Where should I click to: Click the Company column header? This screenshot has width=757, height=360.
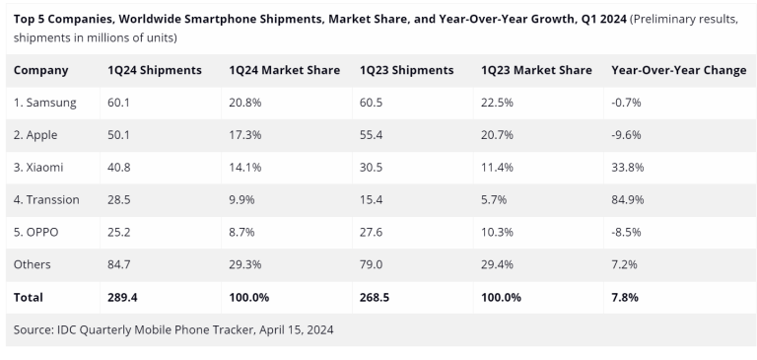pyautogui.click(x=41, y=70)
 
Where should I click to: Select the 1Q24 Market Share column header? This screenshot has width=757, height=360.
pyautogui.click(x=284, y=70)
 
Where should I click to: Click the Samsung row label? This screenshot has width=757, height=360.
pyautogui.click(x=45, y=103)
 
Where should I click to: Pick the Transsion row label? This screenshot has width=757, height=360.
pyautogui.click(x=47, y=200)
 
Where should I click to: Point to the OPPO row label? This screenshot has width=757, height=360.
pyautogui.click(x=39, y=232)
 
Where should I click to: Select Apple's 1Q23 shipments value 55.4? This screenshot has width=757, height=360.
pyautogui.click(x=373, y=135)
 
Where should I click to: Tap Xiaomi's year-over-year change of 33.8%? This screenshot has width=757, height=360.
pyautogui.click(x=628, y=168)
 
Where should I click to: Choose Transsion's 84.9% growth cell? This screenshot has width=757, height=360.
pyautogui.click(x=628, y=200)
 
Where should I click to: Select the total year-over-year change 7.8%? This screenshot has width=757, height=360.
pyautogui.click(x=625, y=297)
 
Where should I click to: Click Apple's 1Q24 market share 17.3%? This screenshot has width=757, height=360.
pyautogui.click(x=245, y=135)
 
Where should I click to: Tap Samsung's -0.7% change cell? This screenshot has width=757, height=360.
pyautogui.click(x=626, y=103)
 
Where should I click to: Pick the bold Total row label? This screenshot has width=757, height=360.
pyautogui.click(x=29, y=297)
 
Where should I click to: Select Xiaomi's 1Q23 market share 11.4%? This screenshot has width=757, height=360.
pyautogui.click(x=498, y=168)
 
